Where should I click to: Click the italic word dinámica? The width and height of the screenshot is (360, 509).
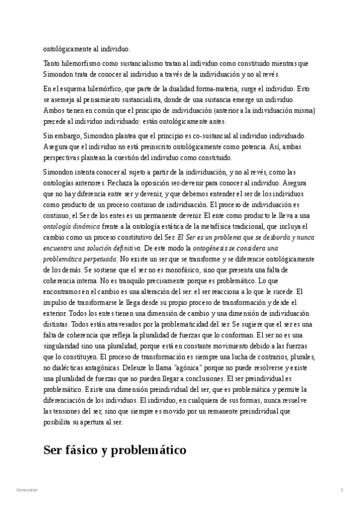tap(86, 226)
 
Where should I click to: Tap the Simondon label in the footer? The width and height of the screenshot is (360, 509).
tap(27, 490)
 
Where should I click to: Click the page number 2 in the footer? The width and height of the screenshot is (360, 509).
tap(341, 490)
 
